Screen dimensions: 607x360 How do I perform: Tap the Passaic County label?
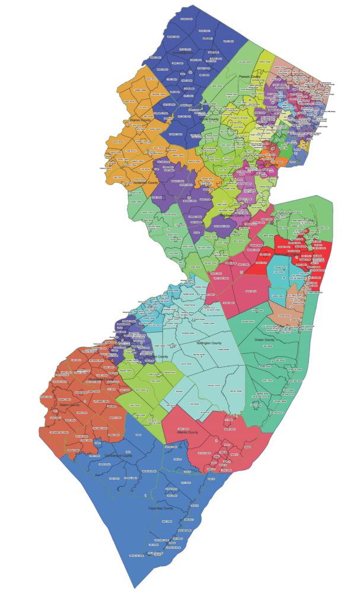pos(249,76)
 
